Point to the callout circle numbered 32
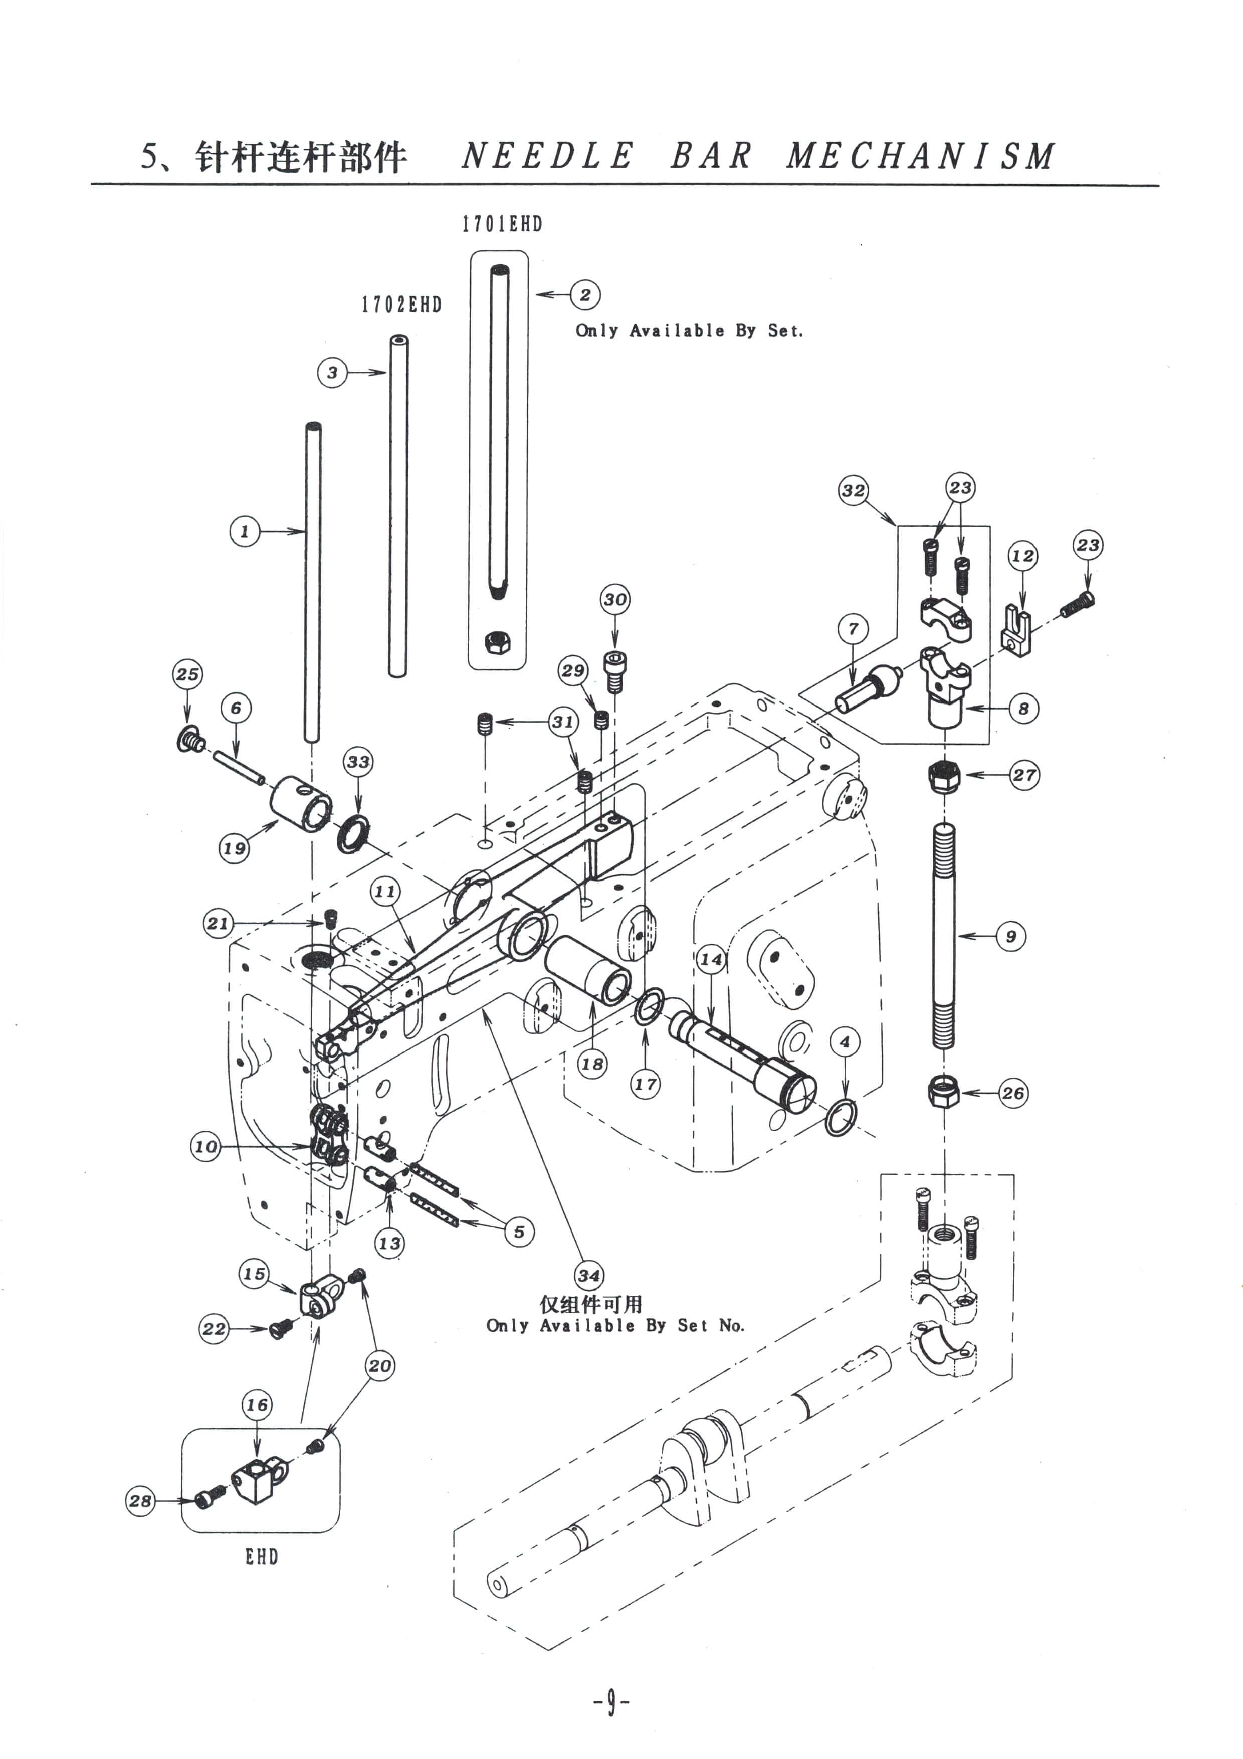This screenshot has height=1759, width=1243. pyautogui.click(x=853, y=490)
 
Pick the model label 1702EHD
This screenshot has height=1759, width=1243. pyautogui.click(x=402, y=305)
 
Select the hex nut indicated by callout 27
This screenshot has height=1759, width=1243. pyautogui.click(x=944, y=778)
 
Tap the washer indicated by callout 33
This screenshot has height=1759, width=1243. pyautogui.click(x=353, y=833)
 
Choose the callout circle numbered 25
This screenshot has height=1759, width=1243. pyautogui.click(x=187, y=674)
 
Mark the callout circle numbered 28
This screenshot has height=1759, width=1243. pyautogui.click(x=140, y=1500)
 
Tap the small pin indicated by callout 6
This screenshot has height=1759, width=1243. pyautogui.click(x=238, y=768)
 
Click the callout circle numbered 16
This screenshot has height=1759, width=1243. pyautogui.click(x=257, y=1404)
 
